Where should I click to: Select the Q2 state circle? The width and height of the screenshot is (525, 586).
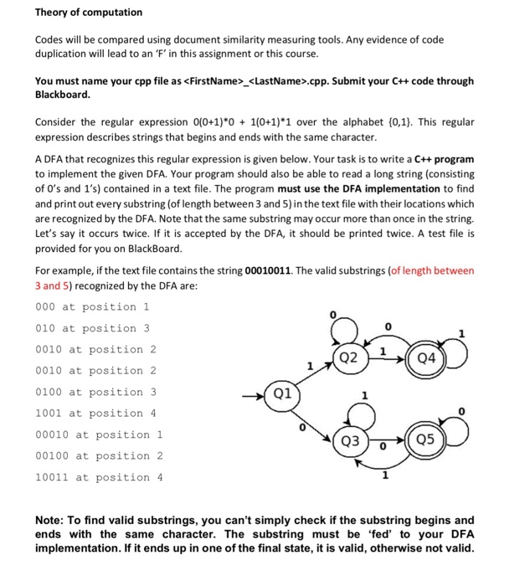(353, 357)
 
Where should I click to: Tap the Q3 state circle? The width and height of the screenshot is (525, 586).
(353, 441)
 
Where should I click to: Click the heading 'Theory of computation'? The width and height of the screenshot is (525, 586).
(89, 13)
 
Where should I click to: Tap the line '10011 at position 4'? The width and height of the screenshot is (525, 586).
(99, 477)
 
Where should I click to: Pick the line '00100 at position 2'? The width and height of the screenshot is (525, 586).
(99, 456)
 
